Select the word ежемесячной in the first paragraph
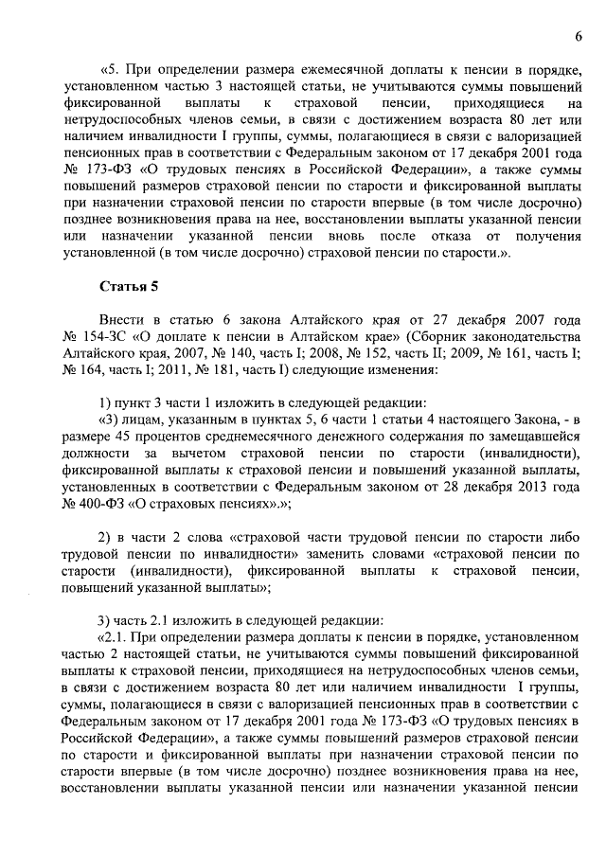pos(328,70)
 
